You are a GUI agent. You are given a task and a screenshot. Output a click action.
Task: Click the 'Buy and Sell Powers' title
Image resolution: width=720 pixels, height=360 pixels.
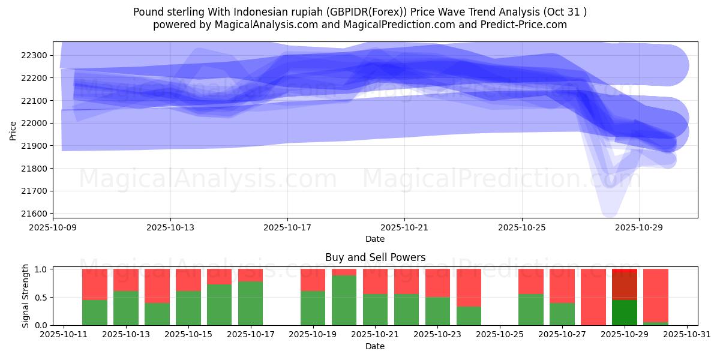point(375,257)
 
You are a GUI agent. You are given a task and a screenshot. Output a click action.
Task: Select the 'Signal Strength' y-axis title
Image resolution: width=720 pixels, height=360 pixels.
point(25,296)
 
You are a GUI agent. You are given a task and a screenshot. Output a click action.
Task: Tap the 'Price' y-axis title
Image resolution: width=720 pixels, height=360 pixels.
point(13,130)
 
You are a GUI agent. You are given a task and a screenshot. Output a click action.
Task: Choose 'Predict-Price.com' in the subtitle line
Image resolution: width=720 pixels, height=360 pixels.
point(524,25)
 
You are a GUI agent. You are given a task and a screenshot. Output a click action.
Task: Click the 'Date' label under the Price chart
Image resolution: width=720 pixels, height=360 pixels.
point(375,239)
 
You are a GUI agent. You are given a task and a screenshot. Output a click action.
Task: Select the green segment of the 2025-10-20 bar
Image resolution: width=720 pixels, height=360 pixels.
point(344,300)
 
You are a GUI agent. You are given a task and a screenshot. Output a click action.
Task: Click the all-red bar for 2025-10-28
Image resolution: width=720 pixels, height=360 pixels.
point(594,297)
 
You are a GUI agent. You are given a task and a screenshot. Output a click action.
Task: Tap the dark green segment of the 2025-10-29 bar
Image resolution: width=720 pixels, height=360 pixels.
point(625,312)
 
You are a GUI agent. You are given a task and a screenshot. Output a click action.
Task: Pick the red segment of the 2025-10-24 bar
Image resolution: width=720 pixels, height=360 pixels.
point(469,287)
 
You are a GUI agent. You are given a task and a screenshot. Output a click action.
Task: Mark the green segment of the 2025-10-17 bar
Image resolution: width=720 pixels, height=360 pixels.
point(251,303)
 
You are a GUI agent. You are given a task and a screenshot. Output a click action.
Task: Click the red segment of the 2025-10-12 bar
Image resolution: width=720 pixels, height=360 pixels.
point(95,284)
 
